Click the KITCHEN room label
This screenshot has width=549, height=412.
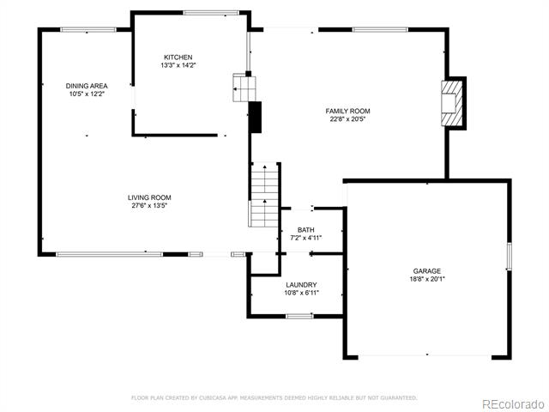click(178, 58)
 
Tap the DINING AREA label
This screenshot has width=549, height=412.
click(87, 86)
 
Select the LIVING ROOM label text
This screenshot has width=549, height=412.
click(149, 197)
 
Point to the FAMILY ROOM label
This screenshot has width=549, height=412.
click(347, 111)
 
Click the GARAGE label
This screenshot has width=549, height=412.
click(427, 271)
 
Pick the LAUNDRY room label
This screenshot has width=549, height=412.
click(301, 285)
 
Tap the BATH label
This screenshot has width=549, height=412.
click(306, 230)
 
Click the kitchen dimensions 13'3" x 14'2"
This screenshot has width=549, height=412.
click(178, 65)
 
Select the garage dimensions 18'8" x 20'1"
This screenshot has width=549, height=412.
click(427, 279)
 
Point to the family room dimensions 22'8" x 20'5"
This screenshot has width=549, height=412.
click(347, 119)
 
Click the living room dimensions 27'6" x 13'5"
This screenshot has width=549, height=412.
click(149, 206)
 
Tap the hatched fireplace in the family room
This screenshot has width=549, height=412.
click(449, 103)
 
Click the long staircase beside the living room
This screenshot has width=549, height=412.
click(265, 195)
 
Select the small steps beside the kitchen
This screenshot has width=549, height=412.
click(244, 88)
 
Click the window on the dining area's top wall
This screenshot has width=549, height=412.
click(88, 30)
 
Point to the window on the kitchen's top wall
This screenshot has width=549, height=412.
click(211, 13)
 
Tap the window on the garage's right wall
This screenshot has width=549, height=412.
click(509, 256)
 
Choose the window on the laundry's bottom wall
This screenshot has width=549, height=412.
click(299, 317)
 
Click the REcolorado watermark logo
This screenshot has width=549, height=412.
click(513, 404)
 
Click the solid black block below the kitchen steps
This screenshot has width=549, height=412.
click(256, 118)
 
